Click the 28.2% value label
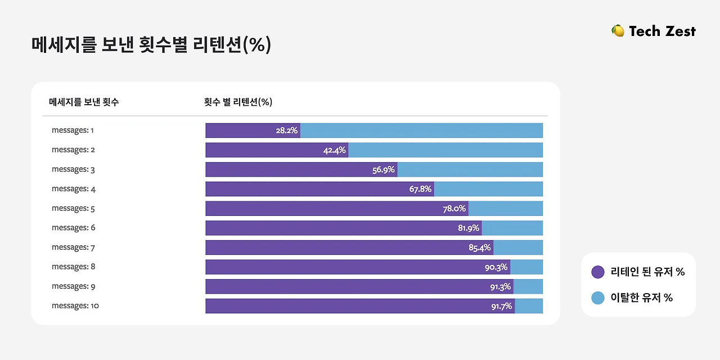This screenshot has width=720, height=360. tap(286, 130)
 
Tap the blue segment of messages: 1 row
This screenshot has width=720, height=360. tap(421, 130)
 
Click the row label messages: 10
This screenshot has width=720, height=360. tap(75, 306)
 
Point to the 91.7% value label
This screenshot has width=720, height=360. tap(501, 306)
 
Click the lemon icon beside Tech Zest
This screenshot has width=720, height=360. tap(618, 31)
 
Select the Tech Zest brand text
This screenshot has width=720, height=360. tap(662, 31)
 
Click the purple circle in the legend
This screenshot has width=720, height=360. tap(598, 272)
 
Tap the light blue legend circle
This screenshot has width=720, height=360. tap(598, 298)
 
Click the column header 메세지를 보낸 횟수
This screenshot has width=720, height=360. tap(84, 102)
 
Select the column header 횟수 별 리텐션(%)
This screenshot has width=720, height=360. tap(238, 102)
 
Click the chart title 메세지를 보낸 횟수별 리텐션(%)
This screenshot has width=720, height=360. tap(151, 45)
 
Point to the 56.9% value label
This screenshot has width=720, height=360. tap(384, 170)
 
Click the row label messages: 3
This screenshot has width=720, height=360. tap(73, 169)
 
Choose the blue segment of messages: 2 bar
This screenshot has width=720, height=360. tap(445, 150)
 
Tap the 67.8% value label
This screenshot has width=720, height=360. tap(420, 189)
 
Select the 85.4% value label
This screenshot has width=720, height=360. tap(480, 247)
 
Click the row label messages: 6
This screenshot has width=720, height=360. tap(73, 228)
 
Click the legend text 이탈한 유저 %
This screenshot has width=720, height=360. tap(641, 298)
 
